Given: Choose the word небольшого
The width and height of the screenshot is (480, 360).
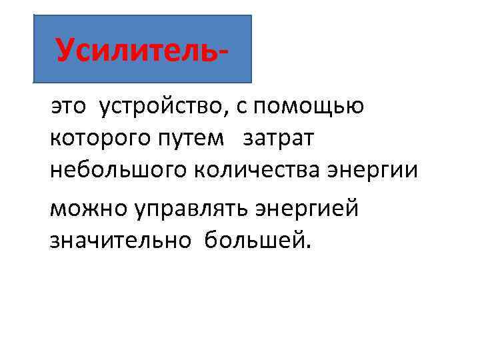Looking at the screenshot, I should point(119,172).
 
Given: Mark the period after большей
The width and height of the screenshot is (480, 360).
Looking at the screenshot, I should point(307,245).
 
